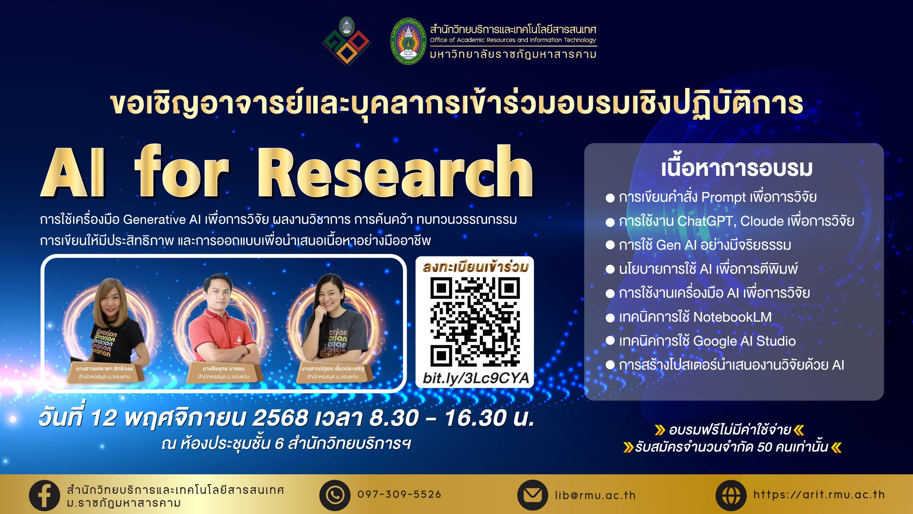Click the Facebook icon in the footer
click(44, 495)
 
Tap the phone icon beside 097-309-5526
click(335, 495)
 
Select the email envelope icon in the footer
click(532, 495)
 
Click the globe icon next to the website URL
click(731, 495)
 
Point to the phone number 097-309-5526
click(399, 494)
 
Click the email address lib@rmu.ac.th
click(595, 495)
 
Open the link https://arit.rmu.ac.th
click(819, 495)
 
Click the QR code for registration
click(475, 322)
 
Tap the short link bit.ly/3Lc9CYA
click(475, 378)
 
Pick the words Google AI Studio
click(744, 341)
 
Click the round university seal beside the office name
click(408, 41)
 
